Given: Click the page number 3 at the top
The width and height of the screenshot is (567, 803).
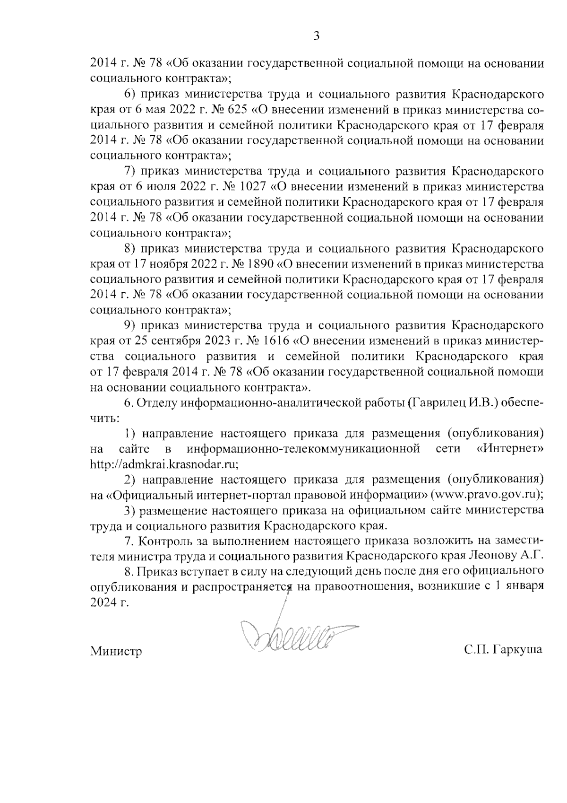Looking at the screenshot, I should pyautogui.click(x=317, y=36).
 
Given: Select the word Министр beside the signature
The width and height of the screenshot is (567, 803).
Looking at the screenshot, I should pyautogui.click(x=116, y=652).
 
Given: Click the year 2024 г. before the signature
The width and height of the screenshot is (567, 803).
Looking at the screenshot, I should pyautogui.click(x=109, y=603).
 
